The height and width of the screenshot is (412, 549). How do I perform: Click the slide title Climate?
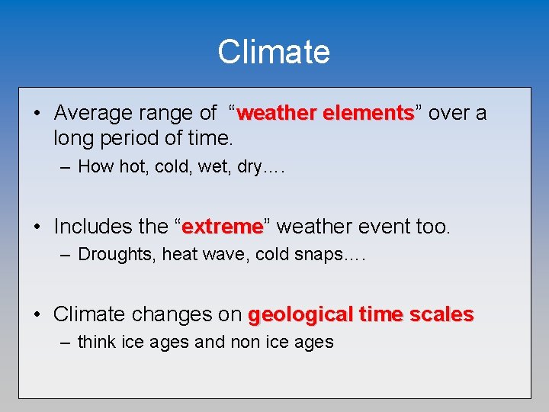tap(274, 52)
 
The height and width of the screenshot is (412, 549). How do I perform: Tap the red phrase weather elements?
tap(326, 114)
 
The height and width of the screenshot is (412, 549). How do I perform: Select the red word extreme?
tap(223, 227)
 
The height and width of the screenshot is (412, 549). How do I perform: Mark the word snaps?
tap(318, 254)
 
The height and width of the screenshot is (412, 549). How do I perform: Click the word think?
tap(98, 342)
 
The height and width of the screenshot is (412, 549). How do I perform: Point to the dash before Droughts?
tap(66, 255)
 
